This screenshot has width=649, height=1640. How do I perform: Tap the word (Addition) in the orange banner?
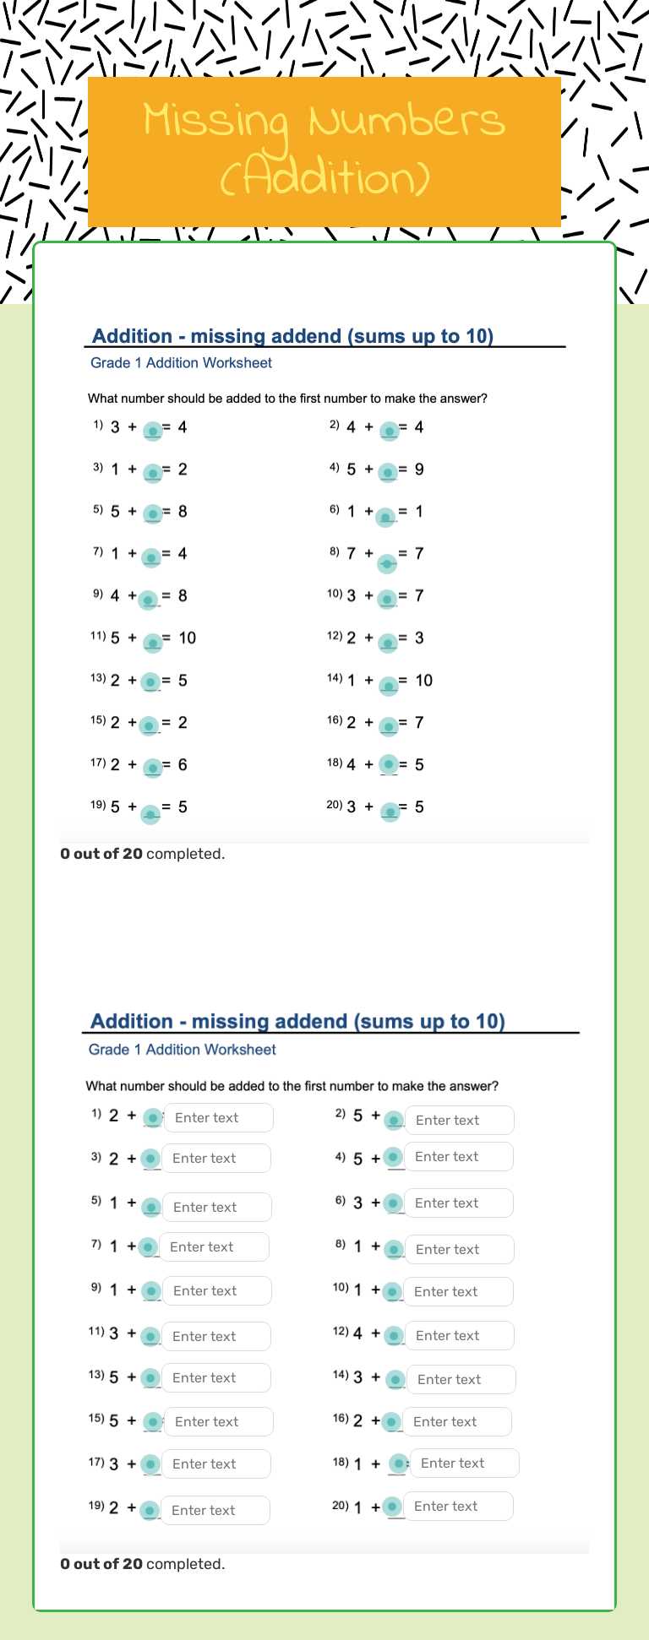pos(325,178)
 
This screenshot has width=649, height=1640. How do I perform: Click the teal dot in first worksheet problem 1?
pos(153,431)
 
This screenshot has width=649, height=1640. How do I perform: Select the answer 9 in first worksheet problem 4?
pos(419,469)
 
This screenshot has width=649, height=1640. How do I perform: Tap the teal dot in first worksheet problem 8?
pos(387,562)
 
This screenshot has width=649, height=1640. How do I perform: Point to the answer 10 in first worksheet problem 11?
pos(187,638)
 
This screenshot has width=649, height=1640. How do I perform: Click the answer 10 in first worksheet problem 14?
pos(423,680)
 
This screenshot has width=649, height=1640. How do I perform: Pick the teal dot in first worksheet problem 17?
pos(153,768)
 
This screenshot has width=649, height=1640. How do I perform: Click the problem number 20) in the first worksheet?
pos(335,805)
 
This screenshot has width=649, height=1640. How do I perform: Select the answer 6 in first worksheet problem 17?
pos(183,764)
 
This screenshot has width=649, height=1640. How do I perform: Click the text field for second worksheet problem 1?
pos(218,1117)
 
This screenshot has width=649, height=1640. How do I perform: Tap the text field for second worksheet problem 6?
pos(459,1203)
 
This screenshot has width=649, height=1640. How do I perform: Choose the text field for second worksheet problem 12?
pos(460,1335)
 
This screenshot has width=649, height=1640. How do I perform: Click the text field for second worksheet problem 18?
pos(464,1463)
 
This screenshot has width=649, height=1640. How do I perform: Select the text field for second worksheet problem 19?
pos(215,1510)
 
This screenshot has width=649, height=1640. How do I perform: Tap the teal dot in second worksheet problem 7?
pos(147,1246)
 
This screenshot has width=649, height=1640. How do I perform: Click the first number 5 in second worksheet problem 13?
pos(114,1377)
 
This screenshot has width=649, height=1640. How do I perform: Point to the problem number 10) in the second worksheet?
pos(340,1288)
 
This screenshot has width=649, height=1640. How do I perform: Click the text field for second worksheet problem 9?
pos(216,1290)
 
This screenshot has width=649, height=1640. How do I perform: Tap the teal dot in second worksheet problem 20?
pos(391,1506)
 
